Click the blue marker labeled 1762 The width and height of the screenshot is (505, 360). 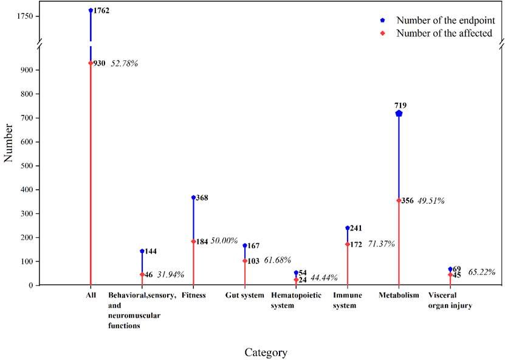click(91, 10)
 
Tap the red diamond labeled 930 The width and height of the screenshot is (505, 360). click(91, 63)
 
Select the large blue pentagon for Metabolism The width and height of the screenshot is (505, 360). click(399, 114)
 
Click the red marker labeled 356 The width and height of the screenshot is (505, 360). click(399, 200)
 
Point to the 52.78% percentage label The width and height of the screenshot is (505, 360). click(124, 63)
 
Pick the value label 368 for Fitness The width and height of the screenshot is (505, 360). click(202, 198)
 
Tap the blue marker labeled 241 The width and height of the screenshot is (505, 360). click(348, 228)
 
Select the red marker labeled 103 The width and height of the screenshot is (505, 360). click(245, 261)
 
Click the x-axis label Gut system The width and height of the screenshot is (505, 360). click(244, 296)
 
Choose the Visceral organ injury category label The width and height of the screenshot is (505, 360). click(450, 300)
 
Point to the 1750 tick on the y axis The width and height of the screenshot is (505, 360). click(29, 16)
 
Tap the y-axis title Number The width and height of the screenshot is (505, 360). click(9, 145)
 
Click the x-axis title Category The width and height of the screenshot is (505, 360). click(266, 352)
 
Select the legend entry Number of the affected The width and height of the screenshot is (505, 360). click(444, 33)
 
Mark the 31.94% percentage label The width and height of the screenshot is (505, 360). click(171, 275)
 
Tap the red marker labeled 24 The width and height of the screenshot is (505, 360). click(296, 280)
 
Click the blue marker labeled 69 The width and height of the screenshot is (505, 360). click(450, 269)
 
